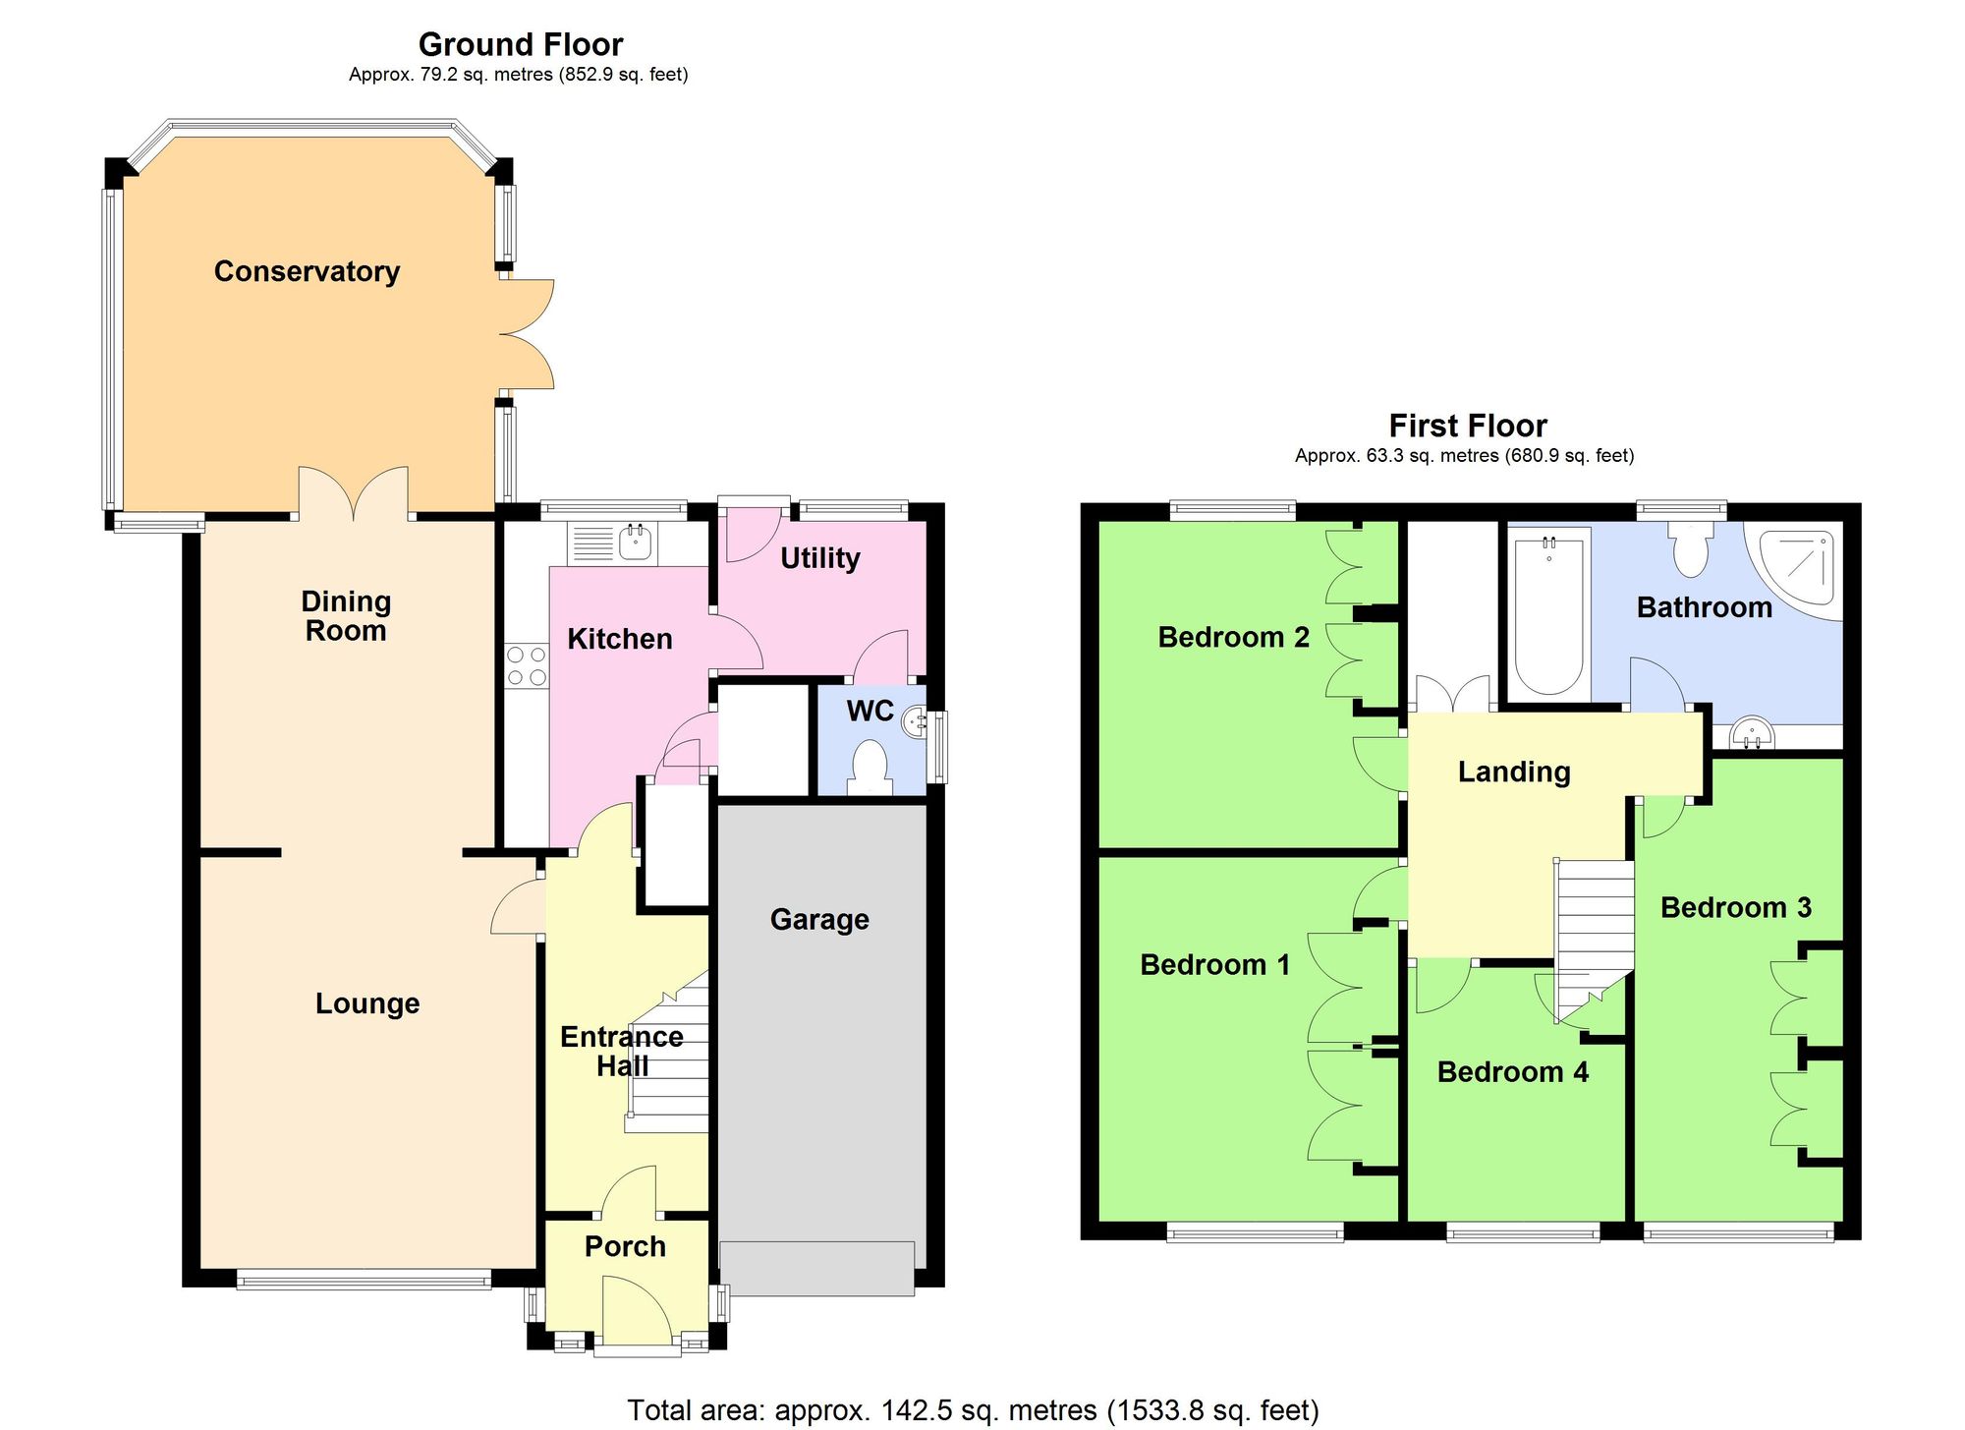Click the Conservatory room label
pos(307,271)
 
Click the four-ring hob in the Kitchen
pos(526,665)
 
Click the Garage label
pos(819,919)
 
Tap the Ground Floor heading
pos(520,44)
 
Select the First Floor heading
pos(1467,426)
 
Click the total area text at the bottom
pos(972,1409)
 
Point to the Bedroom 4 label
pos(1512,1071)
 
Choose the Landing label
pos(1513,772)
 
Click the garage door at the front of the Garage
pos(816,1268)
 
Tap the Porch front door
pos(637,1312)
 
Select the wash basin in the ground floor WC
pos(914,722)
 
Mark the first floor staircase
pos(1593,934)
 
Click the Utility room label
pos(819,558)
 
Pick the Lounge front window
pos(364,1279)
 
